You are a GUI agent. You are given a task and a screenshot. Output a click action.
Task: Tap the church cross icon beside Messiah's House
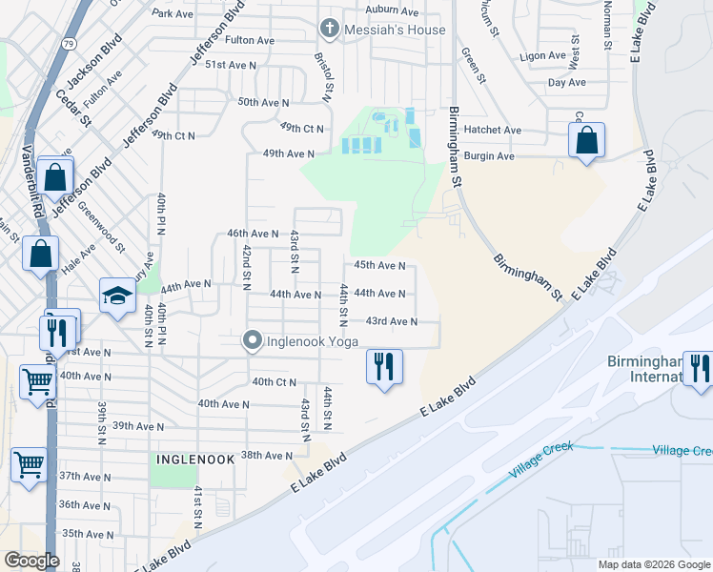[330, 29]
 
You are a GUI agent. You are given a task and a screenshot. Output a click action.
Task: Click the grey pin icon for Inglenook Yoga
[252, 339]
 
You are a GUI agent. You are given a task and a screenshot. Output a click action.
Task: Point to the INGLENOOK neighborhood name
[194, 460]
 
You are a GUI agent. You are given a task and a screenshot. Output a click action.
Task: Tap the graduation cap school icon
[117, 296]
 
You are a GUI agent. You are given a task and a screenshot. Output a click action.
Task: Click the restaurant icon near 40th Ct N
[384, 366]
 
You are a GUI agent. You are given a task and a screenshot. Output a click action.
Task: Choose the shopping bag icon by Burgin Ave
[587, 141]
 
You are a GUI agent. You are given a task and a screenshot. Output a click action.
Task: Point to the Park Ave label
[173, 13]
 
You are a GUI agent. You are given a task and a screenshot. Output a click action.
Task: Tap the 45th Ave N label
[379, 265]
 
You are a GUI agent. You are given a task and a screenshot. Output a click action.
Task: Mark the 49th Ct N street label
[302, 128]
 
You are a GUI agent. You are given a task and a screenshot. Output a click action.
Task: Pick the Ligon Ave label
[544, 56]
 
